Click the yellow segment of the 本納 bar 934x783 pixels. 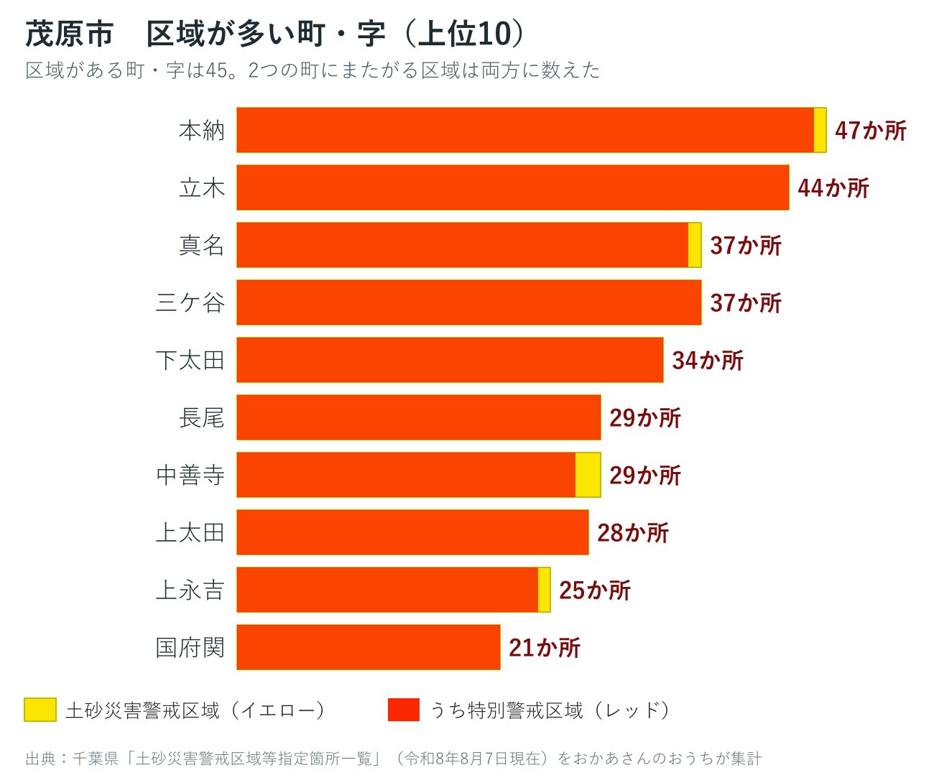[x=820, y=130]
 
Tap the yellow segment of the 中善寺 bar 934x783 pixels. [x=588, y=475]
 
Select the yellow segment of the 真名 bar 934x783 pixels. [x=695, y=245]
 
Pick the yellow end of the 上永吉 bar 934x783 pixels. [x=545, y=590]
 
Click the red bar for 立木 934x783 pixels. [x=513, y=187]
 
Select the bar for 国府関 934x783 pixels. [x=368, y=647]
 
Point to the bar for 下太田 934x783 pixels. [x=450, y=360]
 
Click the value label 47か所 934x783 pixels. [x=871, y=131]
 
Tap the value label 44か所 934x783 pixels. [x=833, y=187]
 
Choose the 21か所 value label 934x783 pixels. [x=545, y=647]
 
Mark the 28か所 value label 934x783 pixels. [x=633, y=532]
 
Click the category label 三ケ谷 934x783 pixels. [x=190, y=302]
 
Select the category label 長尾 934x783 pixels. [x=202, y=417]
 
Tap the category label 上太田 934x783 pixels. [x=190, y=532]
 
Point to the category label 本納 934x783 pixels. [x=202, y=131]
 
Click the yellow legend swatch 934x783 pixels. [x=40, y=710]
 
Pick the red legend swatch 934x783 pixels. [x=404, y=710]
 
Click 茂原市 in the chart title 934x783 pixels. [x=69, y=34]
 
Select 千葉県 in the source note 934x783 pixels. [x=96, y=759]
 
